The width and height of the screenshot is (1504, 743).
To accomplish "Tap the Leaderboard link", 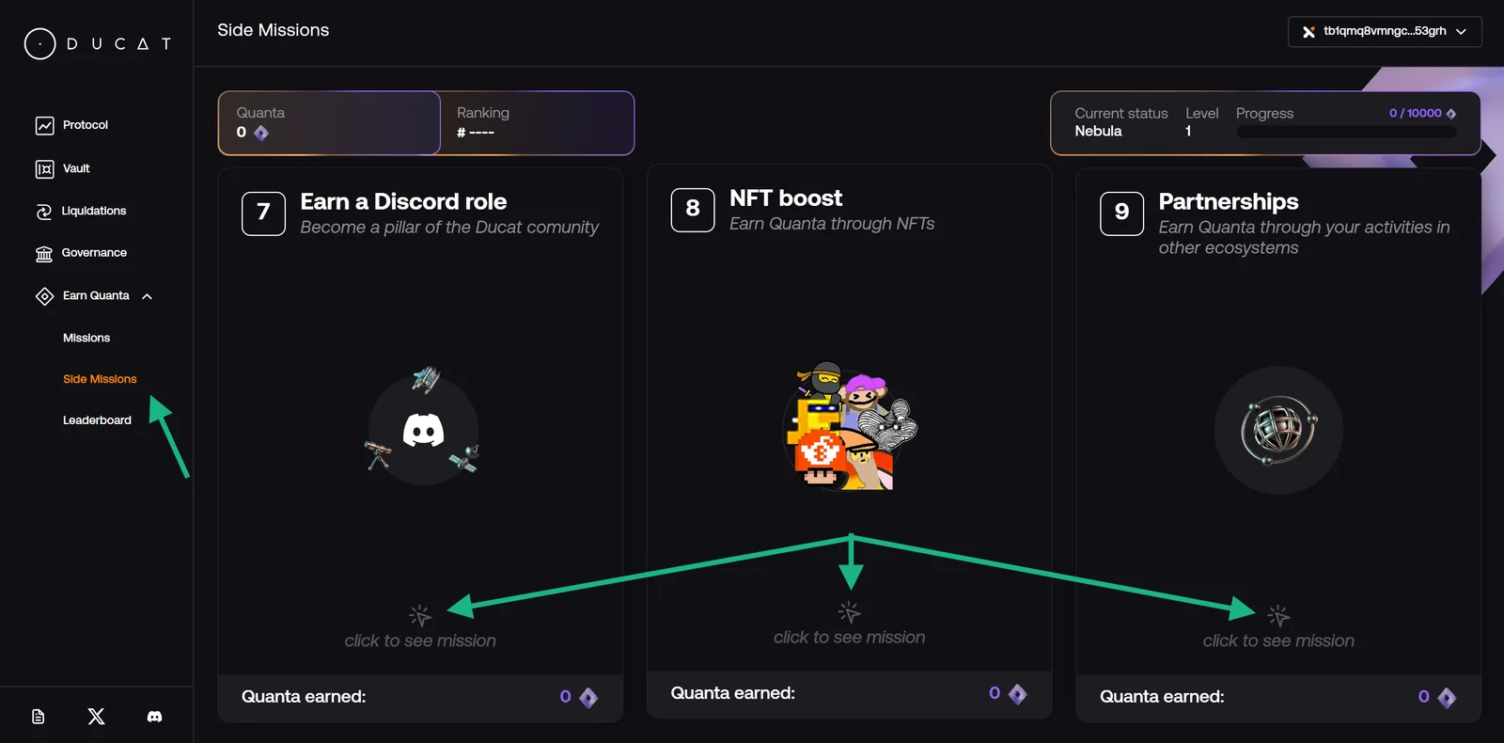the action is coord(98,420).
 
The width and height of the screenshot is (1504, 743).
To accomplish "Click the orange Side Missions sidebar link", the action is coord(100,379).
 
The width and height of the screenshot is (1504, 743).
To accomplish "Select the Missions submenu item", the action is coord(86,338).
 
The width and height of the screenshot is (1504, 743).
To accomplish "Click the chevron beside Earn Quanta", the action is coord(147,296).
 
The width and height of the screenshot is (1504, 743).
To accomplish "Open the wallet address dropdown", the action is coord(1385,32).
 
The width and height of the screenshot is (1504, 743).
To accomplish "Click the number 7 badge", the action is coord(263,213).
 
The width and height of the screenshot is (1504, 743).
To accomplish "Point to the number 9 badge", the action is coord(1121,213).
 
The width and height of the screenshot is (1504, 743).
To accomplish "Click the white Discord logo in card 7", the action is coord(423,431).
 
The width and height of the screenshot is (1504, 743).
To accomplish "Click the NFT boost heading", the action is coord(786,198).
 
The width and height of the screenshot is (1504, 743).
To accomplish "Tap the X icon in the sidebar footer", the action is coord(96,717).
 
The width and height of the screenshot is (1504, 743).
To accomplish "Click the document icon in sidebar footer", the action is coord(39,717).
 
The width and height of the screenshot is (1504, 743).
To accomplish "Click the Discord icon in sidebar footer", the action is coord(154,717).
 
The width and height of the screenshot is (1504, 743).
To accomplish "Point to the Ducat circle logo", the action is coord(40,43).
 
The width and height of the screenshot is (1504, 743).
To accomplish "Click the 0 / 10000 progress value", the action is coord(1416,113).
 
